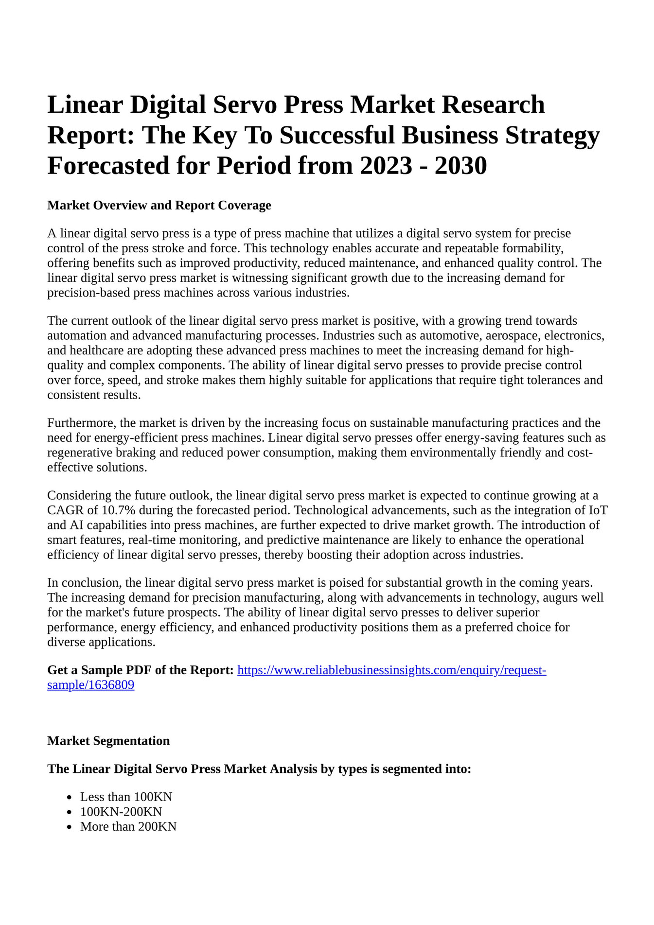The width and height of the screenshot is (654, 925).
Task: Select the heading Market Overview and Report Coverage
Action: (x=159, y=205)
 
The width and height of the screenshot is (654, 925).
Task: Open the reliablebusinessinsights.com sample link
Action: (x=391, y=670)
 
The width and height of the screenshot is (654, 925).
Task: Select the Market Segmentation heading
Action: (x=108, y=741)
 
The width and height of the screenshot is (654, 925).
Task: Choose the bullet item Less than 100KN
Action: (x=126, y=797)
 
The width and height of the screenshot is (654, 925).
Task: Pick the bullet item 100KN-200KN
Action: (x=121, y=811)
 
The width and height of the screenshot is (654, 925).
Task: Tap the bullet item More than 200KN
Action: (x=128, y=826)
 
